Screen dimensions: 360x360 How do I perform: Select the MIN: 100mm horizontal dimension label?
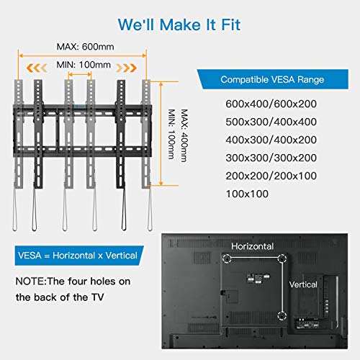point(84,65)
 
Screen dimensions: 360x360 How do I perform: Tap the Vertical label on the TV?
point(302,284)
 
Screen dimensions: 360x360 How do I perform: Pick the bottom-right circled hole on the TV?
point(280,314)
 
